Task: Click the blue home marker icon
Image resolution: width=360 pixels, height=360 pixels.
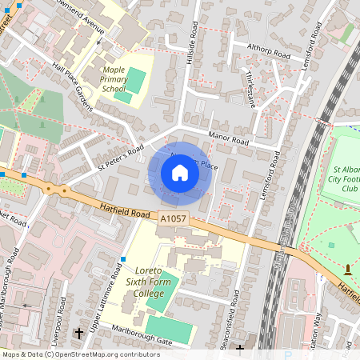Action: click(x=180, y=173)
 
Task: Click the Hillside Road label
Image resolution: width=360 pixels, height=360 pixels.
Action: click(x=190, y=39)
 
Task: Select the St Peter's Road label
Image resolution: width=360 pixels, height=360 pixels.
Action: click(x=121, y=158)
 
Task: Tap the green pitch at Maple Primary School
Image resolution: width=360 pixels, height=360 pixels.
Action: click(x=137, y=80)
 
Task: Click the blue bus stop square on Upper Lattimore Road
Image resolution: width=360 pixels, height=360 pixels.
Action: click(x=123, y=258)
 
